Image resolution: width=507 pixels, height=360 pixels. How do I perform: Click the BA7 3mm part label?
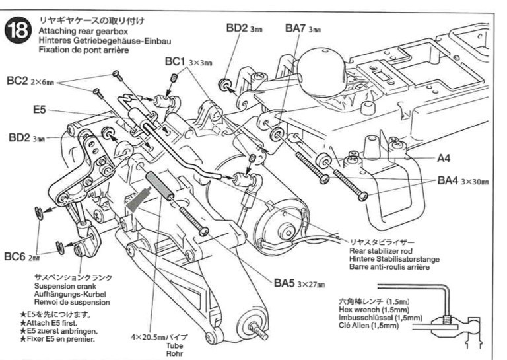303,28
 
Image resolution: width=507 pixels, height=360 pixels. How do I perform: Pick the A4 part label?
444,159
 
